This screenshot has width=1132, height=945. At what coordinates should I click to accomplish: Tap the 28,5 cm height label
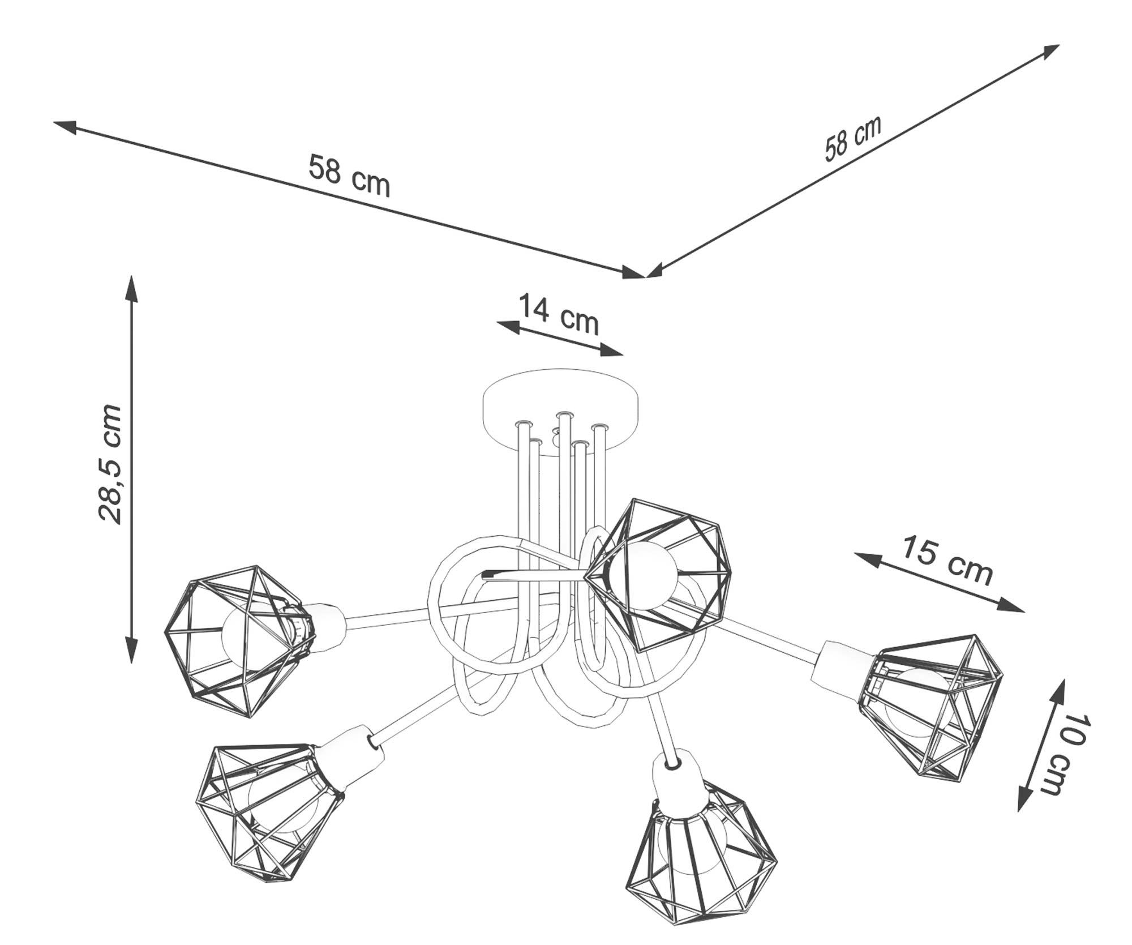[111, 464]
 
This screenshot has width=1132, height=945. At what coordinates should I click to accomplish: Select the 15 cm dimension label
[946, 560]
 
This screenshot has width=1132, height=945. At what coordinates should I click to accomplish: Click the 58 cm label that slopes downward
[349, 176]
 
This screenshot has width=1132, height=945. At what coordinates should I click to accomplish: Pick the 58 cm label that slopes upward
[852, 138]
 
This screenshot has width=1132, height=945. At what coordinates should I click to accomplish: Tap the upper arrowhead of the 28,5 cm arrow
[131, 287]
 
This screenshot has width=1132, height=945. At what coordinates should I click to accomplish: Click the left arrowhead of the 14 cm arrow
[507, 326]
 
